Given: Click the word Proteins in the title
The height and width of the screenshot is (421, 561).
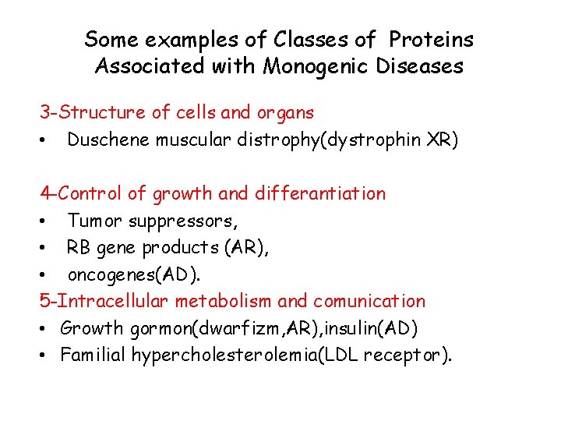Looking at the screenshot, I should (x=431, y=39).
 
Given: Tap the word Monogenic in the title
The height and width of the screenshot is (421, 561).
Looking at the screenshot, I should (x=307, y=66).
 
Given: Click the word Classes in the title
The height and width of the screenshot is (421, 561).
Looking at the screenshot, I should (x=305, y=39).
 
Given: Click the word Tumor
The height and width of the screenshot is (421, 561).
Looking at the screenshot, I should (x=96, y=221).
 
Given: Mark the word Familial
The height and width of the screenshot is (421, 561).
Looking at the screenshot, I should (x=93, y=356).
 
